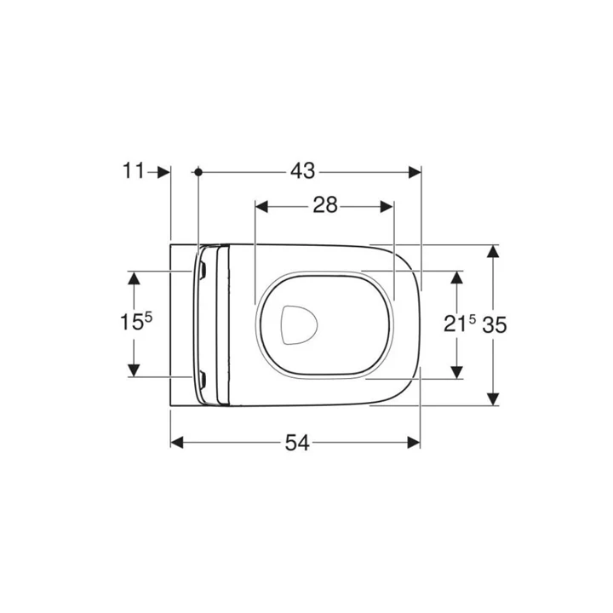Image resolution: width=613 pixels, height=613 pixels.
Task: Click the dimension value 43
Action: (302, 171)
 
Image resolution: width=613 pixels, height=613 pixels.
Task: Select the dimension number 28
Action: (324, 205)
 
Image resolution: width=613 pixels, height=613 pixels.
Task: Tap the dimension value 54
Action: (296, 442)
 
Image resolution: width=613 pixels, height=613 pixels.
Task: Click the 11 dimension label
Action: (133, 171)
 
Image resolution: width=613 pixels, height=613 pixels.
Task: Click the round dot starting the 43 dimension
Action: (198, 171)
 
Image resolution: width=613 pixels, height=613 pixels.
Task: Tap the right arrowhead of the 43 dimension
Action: (415, 171)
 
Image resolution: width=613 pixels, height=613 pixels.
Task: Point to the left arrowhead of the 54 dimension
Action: (178, 442)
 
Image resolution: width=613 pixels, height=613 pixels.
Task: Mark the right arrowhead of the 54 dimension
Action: (415, 442)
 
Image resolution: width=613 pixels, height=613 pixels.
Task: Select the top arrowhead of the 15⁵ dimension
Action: (134, 278)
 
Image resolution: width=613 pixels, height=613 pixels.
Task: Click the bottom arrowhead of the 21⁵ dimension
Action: (457, 370)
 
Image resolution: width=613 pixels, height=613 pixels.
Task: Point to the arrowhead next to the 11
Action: (165, 171)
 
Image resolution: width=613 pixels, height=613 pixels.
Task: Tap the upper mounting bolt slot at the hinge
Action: (204, 272)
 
